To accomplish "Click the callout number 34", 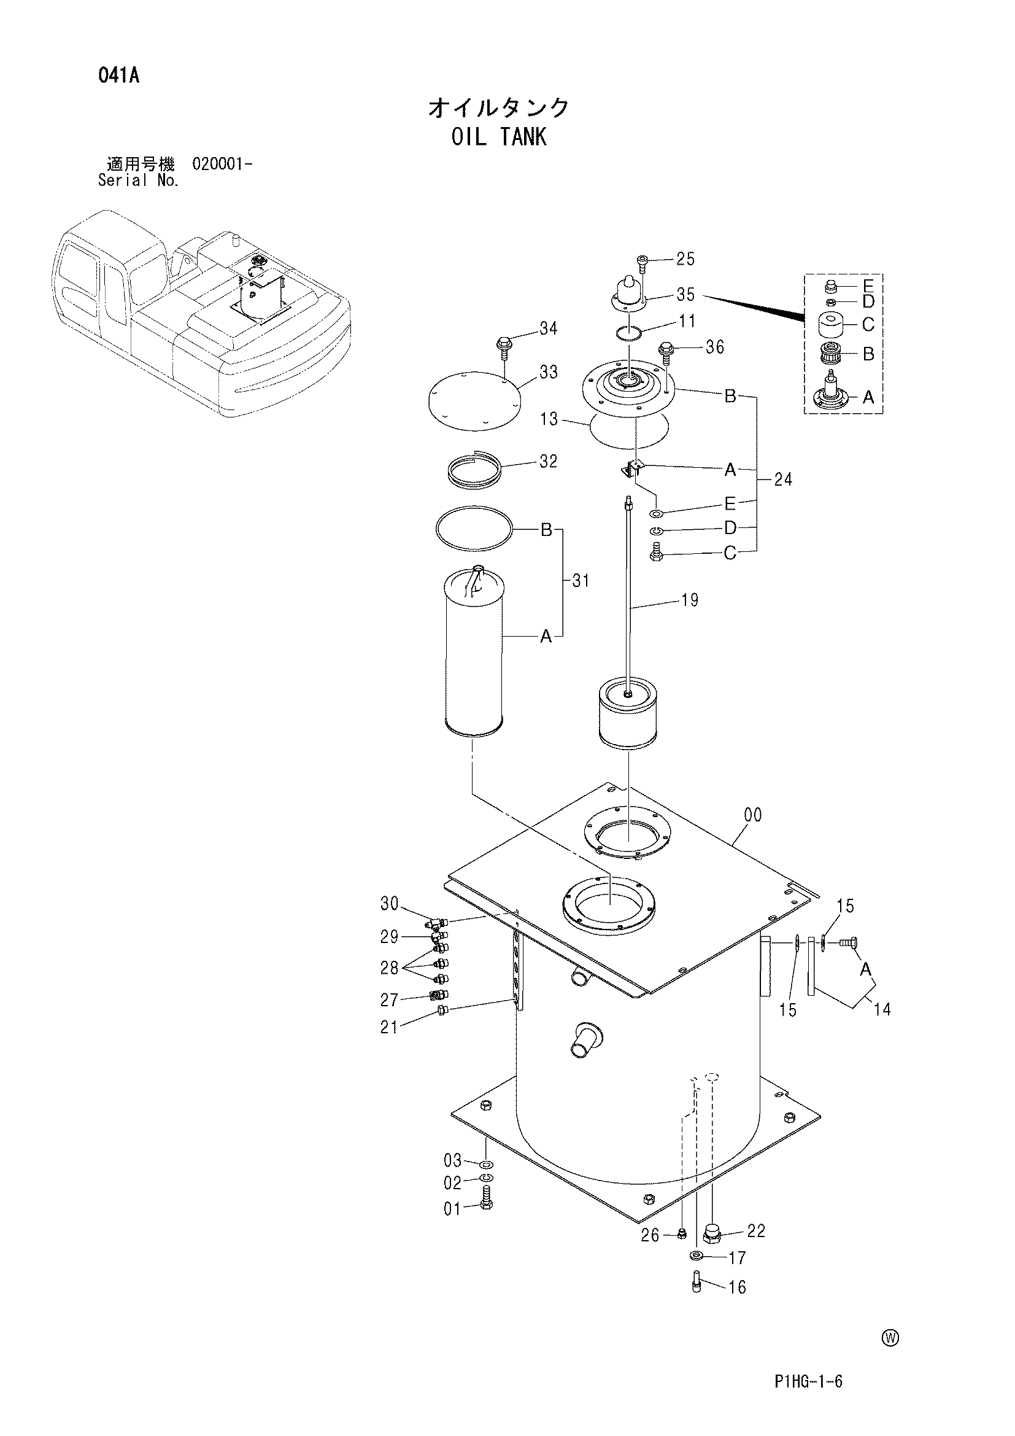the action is click(x=548, y=328).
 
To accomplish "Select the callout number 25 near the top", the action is click(x=685, y=259).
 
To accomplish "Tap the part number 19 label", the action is click(x=689, y=600).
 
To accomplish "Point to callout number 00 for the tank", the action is click(x=753, y=815).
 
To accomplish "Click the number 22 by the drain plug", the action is click(x=756, y=1231).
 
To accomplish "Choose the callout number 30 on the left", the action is click(x=390, y=903).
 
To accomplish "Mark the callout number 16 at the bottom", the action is click(x=738, y=1287).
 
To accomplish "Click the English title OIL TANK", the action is click(x=499, y=136).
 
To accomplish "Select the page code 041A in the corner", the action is click(x=119, y=76).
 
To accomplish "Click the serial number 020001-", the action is click(x=223, y=165).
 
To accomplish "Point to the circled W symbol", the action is click(x=890, y=1338).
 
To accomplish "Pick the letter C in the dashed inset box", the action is click(x=868, y=325).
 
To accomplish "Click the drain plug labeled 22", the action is click(x=712, y=1233).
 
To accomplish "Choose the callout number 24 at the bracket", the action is click(x=782, y=479).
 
